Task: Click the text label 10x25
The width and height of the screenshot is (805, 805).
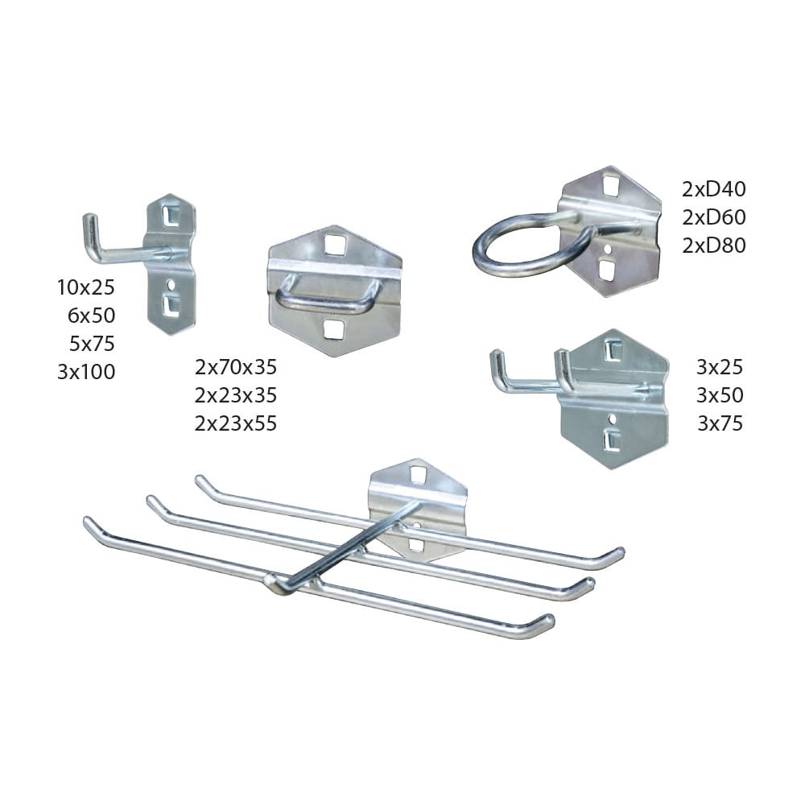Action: [86, 287]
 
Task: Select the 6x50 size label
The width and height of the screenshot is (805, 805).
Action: [92, 316]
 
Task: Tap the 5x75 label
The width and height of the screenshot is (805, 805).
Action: [92, 344]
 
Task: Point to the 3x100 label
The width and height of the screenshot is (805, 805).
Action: [86, 372]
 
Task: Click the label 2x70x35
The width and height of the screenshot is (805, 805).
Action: [236, 367]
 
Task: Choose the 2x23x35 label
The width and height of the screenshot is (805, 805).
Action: [236, 395]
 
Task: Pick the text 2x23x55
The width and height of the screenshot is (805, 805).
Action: [236, 423]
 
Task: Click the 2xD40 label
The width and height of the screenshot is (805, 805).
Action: [714, 189]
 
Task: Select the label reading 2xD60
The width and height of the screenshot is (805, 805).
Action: [714, 217]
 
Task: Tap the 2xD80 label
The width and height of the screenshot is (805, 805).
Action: [714, 246]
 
